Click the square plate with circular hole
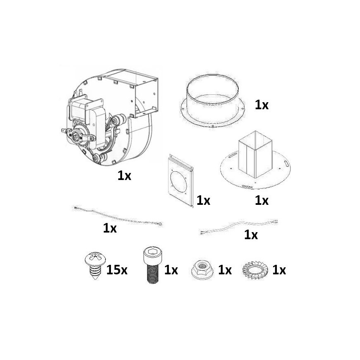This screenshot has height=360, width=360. pyautogui.click(x=180, y=180)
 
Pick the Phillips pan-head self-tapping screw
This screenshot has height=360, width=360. pyautogui.click(x=95, y=265)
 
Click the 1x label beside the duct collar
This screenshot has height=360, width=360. pyautogui.click(x=262, y=105)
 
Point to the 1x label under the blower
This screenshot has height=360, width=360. pyautogui.click(x=124, y=175)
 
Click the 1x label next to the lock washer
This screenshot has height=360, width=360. pyautogui.click(x=279, y=270)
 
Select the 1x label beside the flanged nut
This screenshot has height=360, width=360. pyautogui.click(x=225, y=270)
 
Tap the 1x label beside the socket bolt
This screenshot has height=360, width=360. pyautogui.click(x=171, y=270)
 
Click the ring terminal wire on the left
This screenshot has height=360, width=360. pyautogui.click(x=118, y=217)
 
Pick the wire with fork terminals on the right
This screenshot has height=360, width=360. pyautogui.click(x=239, y=227)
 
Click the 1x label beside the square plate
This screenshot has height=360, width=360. pyautogui.click(x=204, y=200)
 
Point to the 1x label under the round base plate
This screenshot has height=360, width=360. pyautogui.click(x=262, y=200)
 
